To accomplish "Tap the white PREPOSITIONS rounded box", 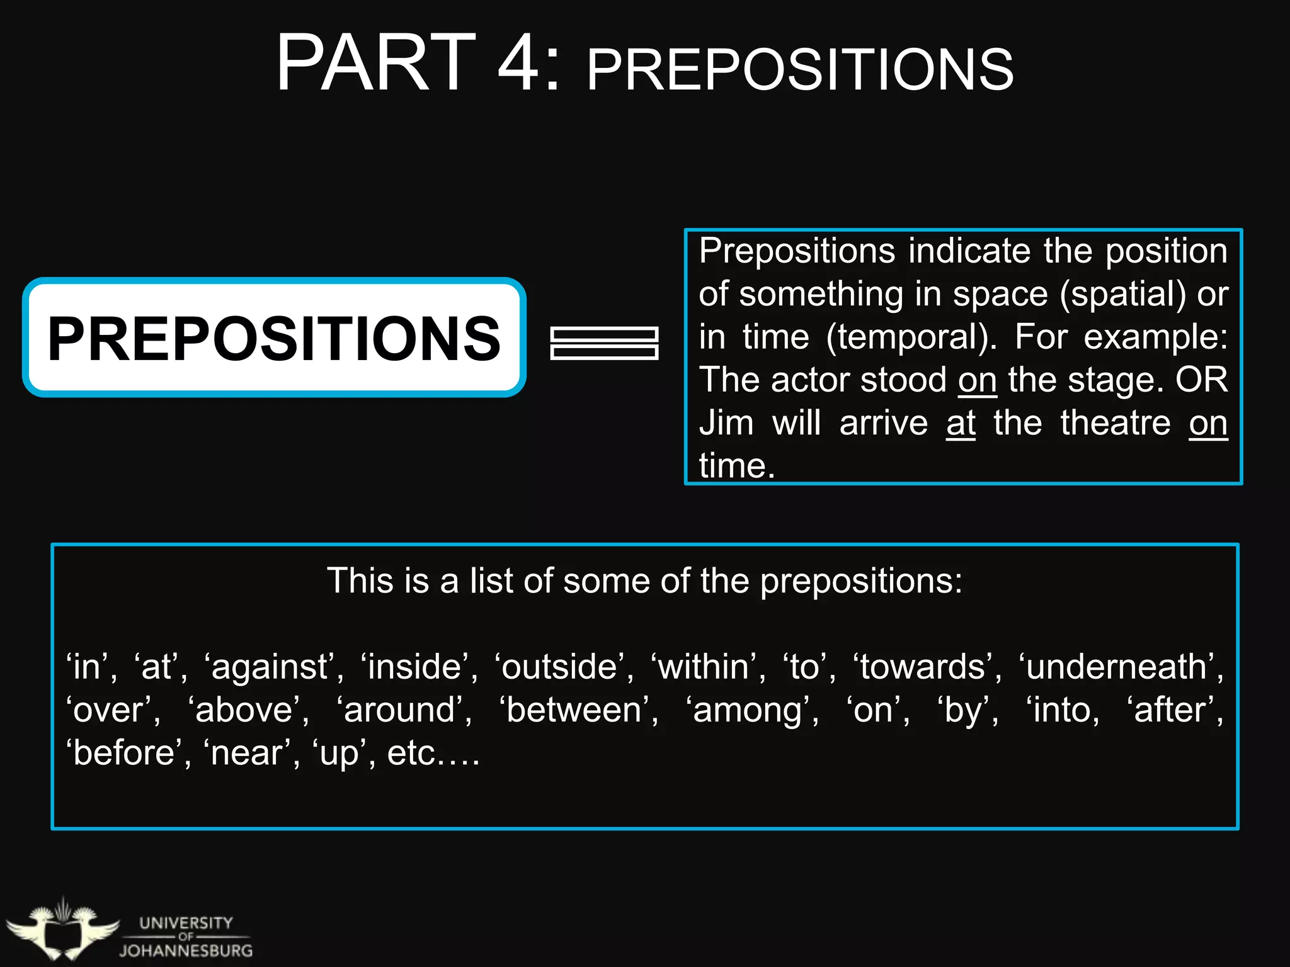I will pyautogui.click(x=274, y=338).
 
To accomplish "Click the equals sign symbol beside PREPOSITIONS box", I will pyautogui.click(x=604, y=343).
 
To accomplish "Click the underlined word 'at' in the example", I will pyautogui.click(x=961, y=423).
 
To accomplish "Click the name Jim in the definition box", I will pyautogui.click(x=726, y=423).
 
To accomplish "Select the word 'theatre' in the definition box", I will pyautogui.click(x=1115, y=423).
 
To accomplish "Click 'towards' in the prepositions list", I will pyautogui.click(x=922, y=667).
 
